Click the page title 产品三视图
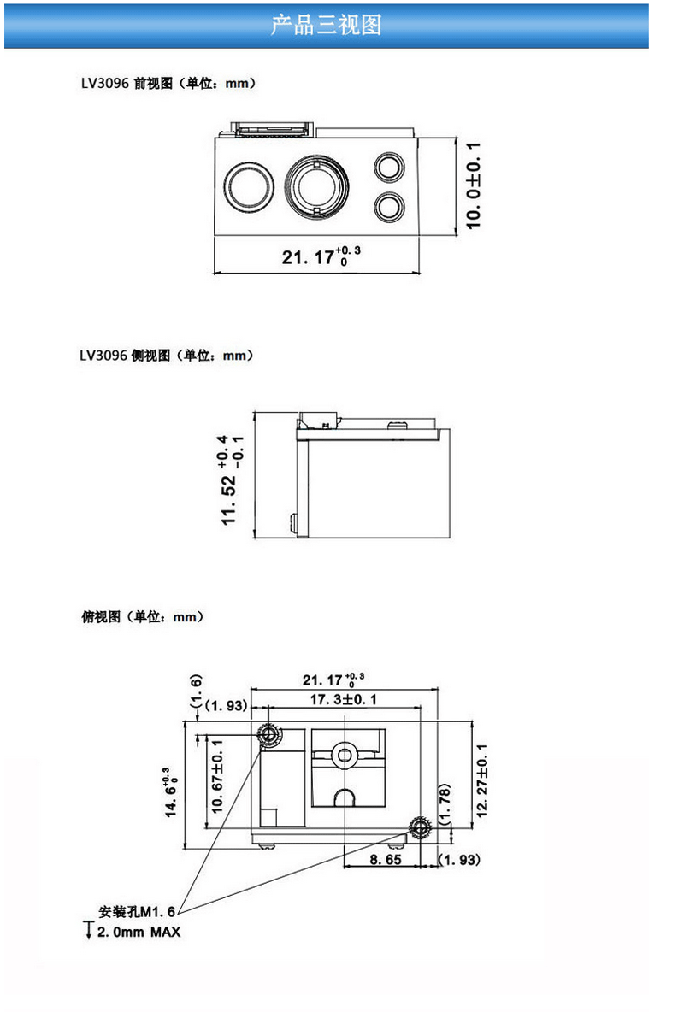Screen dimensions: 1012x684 point(326,25)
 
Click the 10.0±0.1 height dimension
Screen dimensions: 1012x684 point(475,185)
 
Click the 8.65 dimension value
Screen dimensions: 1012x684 point(386,860)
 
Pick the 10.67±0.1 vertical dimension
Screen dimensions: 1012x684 point(216,776)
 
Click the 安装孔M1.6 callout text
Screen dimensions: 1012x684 point(137,913)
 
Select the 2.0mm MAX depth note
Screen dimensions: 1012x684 point(139,932)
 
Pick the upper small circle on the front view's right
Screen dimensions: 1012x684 point(390,167)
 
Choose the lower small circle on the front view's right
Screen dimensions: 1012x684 point(390,206)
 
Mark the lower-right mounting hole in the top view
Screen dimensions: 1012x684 point(420,827)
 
